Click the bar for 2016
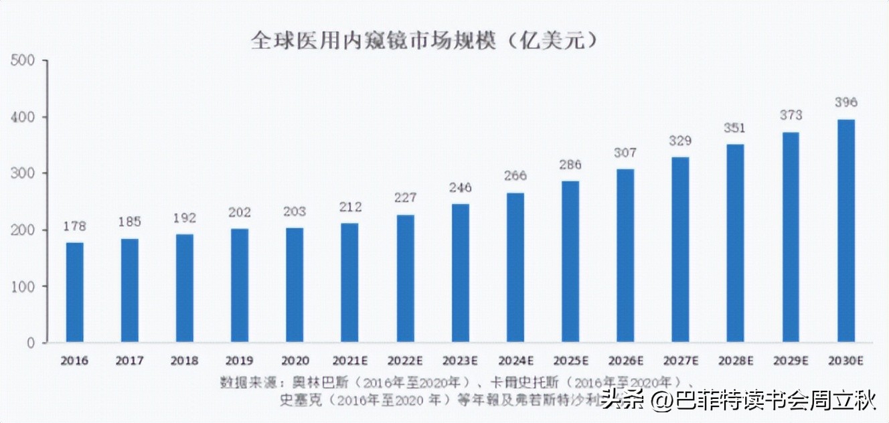coord(75,292)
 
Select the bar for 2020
coord(295,285)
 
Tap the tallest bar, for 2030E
coord(846,231)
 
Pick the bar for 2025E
coord(570,261)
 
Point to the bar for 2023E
coord(461,273)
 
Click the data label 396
coord(846,102)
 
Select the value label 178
coord(75,226)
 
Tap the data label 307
coord(625,153)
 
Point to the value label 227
coord(405,198)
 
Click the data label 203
coord(295,211)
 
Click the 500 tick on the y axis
coord(23,61)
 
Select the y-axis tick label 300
coord(23,173)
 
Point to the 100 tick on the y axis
coord(23,286)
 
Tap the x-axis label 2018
coord(185,361)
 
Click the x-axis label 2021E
coord(350,361)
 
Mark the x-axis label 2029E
coord(791,361)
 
